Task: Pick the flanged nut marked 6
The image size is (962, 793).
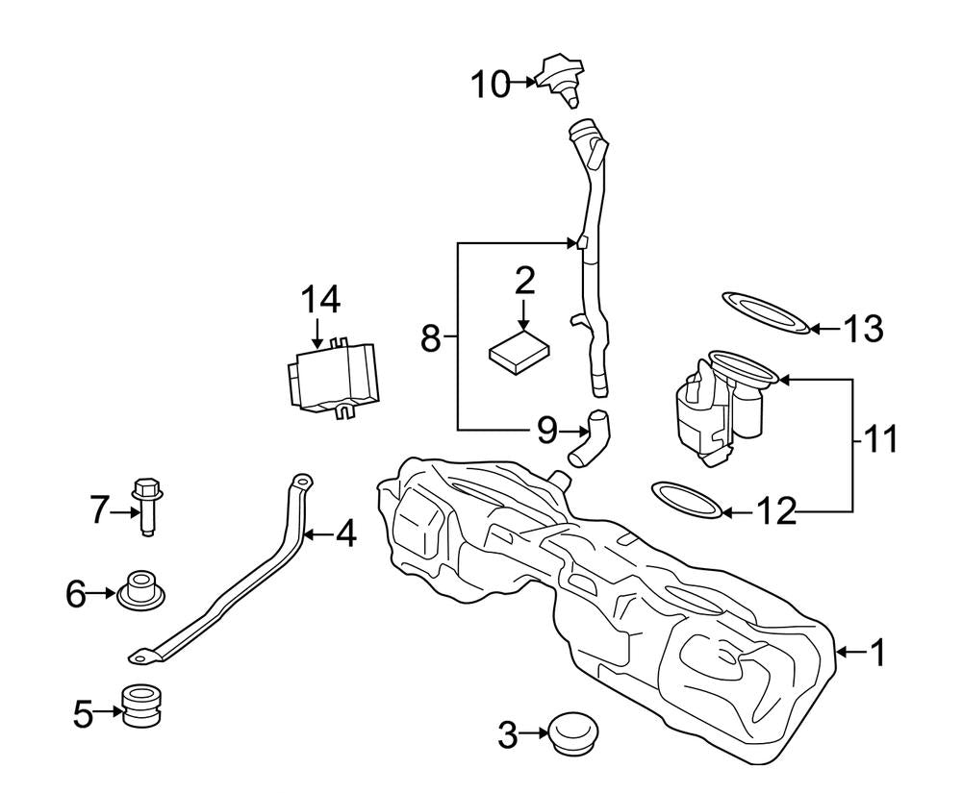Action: click(x=139, y=589)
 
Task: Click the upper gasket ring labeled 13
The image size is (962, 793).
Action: click(x=764, y=315)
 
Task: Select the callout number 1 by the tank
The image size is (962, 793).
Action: click(x=875, y=654)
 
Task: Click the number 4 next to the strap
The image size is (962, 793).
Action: click(x=345, y=533)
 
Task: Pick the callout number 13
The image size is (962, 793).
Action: click(x=862, y=329)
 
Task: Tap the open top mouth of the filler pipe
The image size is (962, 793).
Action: click(x=584, y=128)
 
